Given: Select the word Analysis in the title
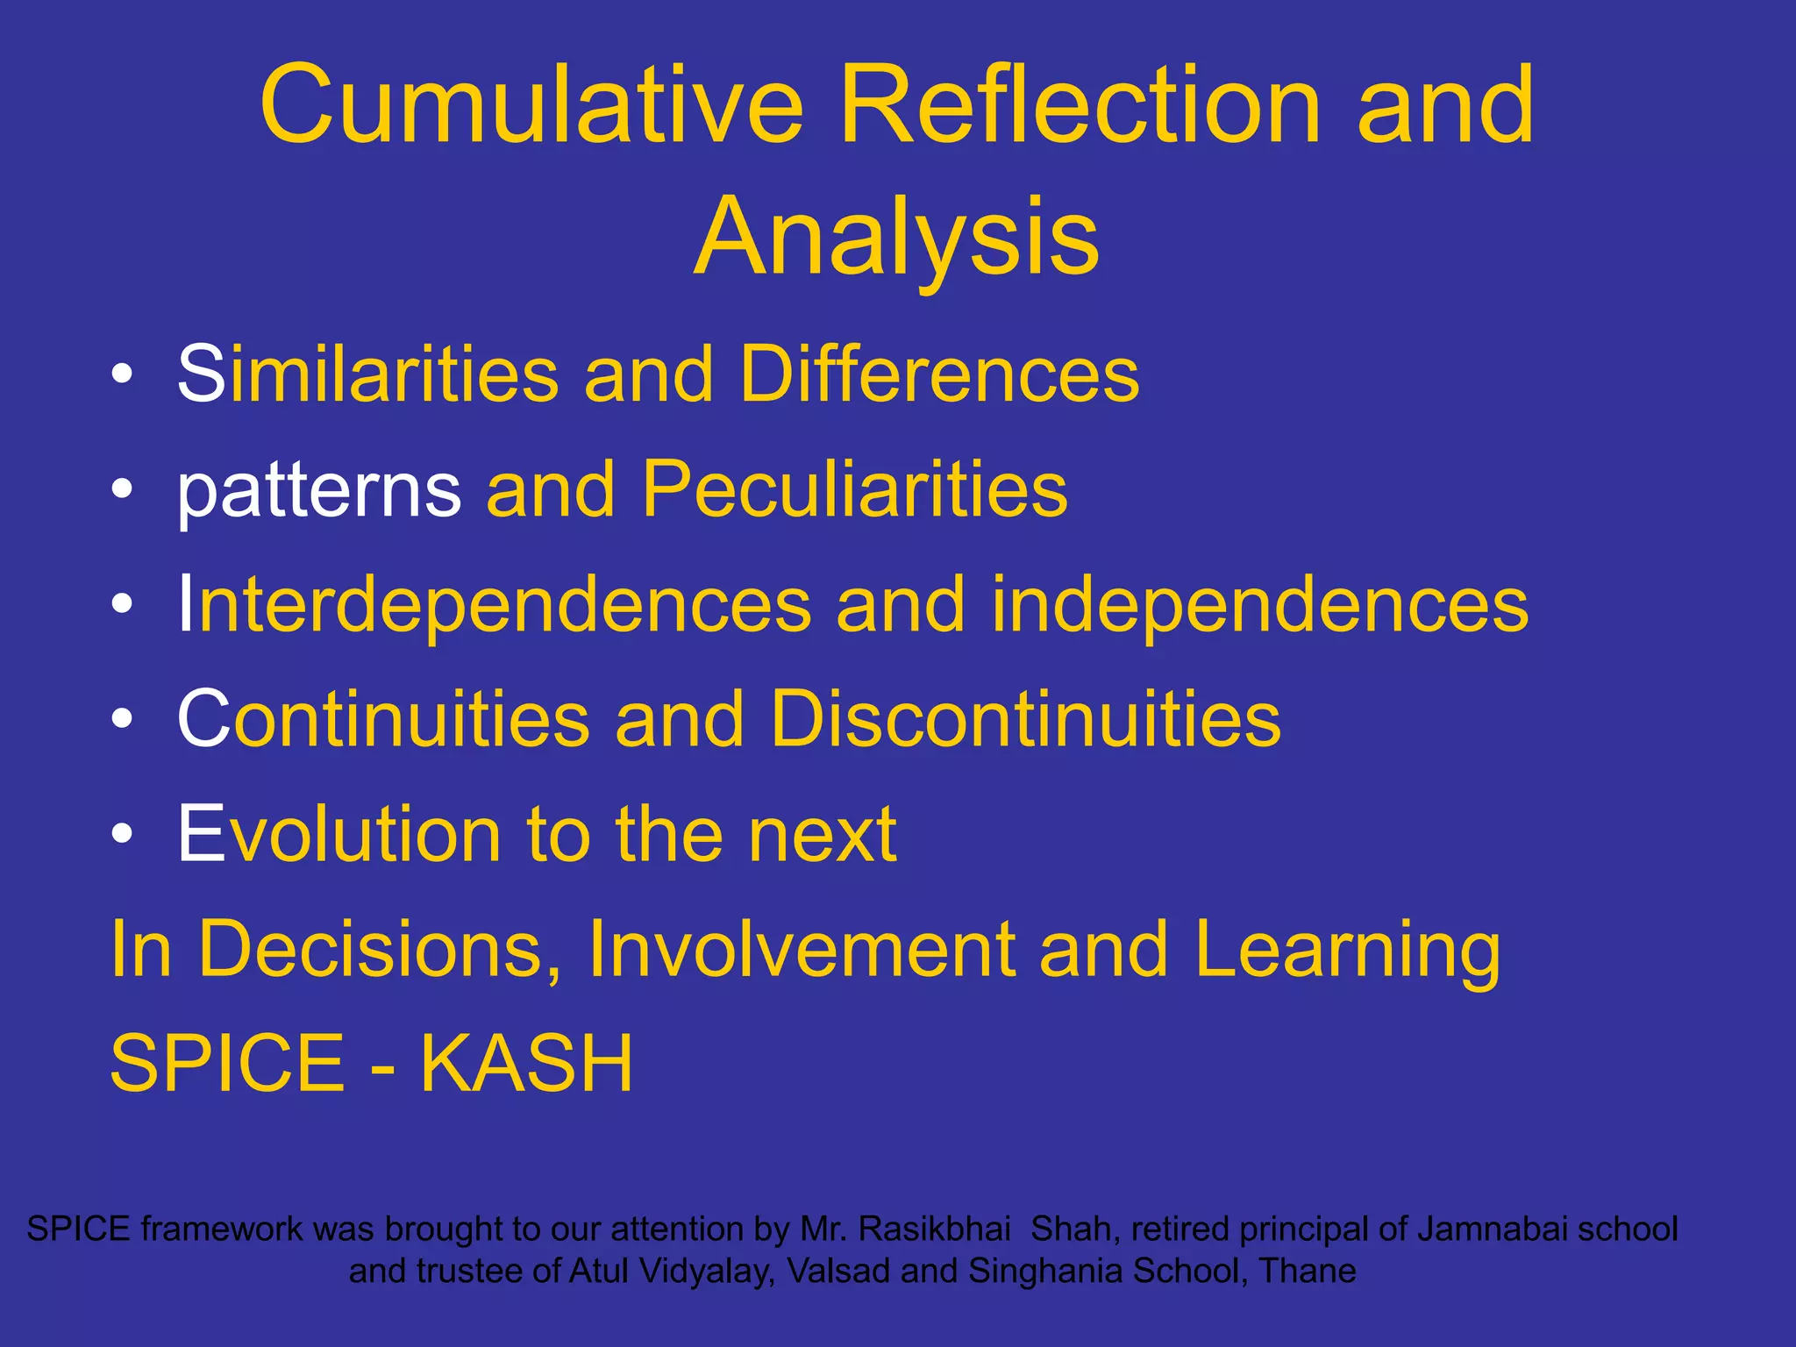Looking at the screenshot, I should pos(896,237).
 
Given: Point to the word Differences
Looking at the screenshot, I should pos(939,374).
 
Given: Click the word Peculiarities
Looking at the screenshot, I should pos(854,489).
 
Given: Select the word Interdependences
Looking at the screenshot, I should pos(495,604).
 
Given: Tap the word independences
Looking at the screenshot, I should pos(1260,604).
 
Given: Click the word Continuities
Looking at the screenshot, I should pos(383,719).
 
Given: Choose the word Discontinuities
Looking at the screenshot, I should pos(1025,719).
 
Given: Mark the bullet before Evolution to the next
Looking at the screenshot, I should pos(122,834).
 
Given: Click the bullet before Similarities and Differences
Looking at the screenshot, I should pos(122,375).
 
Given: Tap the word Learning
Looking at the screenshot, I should pos(1347,951).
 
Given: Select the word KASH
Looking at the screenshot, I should pos(526,1064).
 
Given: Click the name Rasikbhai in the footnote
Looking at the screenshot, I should pos(934,1229).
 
